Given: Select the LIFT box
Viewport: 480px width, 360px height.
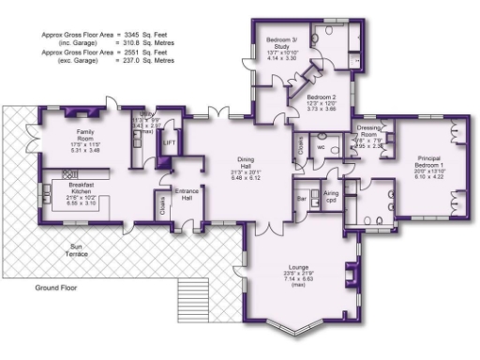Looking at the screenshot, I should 169,142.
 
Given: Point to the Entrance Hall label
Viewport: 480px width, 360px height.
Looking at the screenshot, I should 186,195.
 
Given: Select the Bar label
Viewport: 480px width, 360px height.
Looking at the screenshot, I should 302,199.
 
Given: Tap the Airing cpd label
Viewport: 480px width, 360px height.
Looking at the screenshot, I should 330,195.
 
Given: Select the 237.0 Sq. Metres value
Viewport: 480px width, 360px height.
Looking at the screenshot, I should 154,59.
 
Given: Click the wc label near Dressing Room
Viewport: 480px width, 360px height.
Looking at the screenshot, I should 321,147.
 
